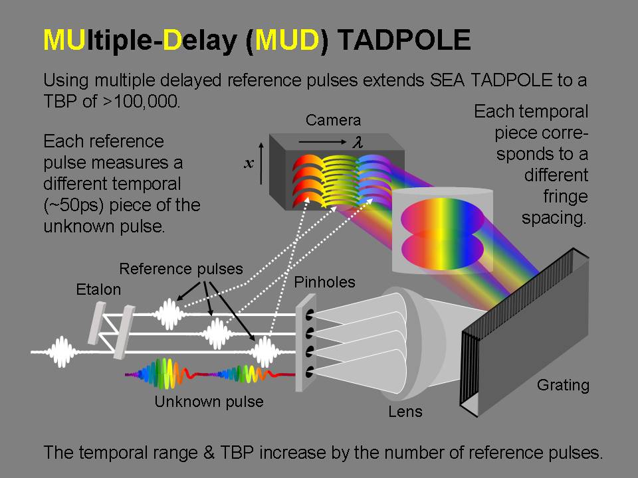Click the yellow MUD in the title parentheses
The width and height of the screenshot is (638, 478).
click(x=286, y=40)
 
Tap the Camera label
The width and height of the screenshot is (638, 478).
click(x=333, y=120)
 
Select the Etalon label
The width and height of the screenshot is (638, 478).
click(x=98, y=289)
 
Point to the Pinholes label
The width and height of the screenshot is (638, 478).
click(x=325, y=283)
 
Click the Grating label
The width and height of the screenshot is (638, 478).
click(x=563, y=385)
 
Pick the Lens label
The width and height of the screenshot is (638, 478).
click(x=405, y=412)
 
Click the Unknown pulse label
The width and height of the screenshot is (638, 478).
click(x=209, y=402)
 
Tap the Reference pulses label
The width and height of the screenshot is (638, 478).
click(x=181, y=269)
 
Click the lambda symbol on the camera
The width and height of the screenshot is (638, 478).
click(x=358, y=142)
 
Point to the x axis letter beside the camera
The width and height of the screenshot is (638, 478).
click(x=249, y=163)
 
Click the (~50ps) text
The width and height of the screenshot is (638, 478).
click(x=72, y=205)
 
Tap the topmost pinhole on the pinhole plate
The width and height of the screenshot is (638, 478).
click(x=309, y=315)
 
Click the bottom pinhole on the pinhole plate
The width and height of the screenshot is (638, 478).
click(x=309, y=372)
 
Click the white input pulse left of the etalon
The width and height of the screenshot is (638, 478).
click(x=62, y=352)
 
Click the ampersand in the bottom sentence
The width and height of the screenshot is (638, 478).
click(x=209, y=453)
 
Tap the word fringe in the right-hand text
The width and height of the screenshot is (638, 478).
click(x=566, y=197)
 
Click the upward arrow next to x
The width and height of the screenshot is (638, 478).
click(x=261, y=163)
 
